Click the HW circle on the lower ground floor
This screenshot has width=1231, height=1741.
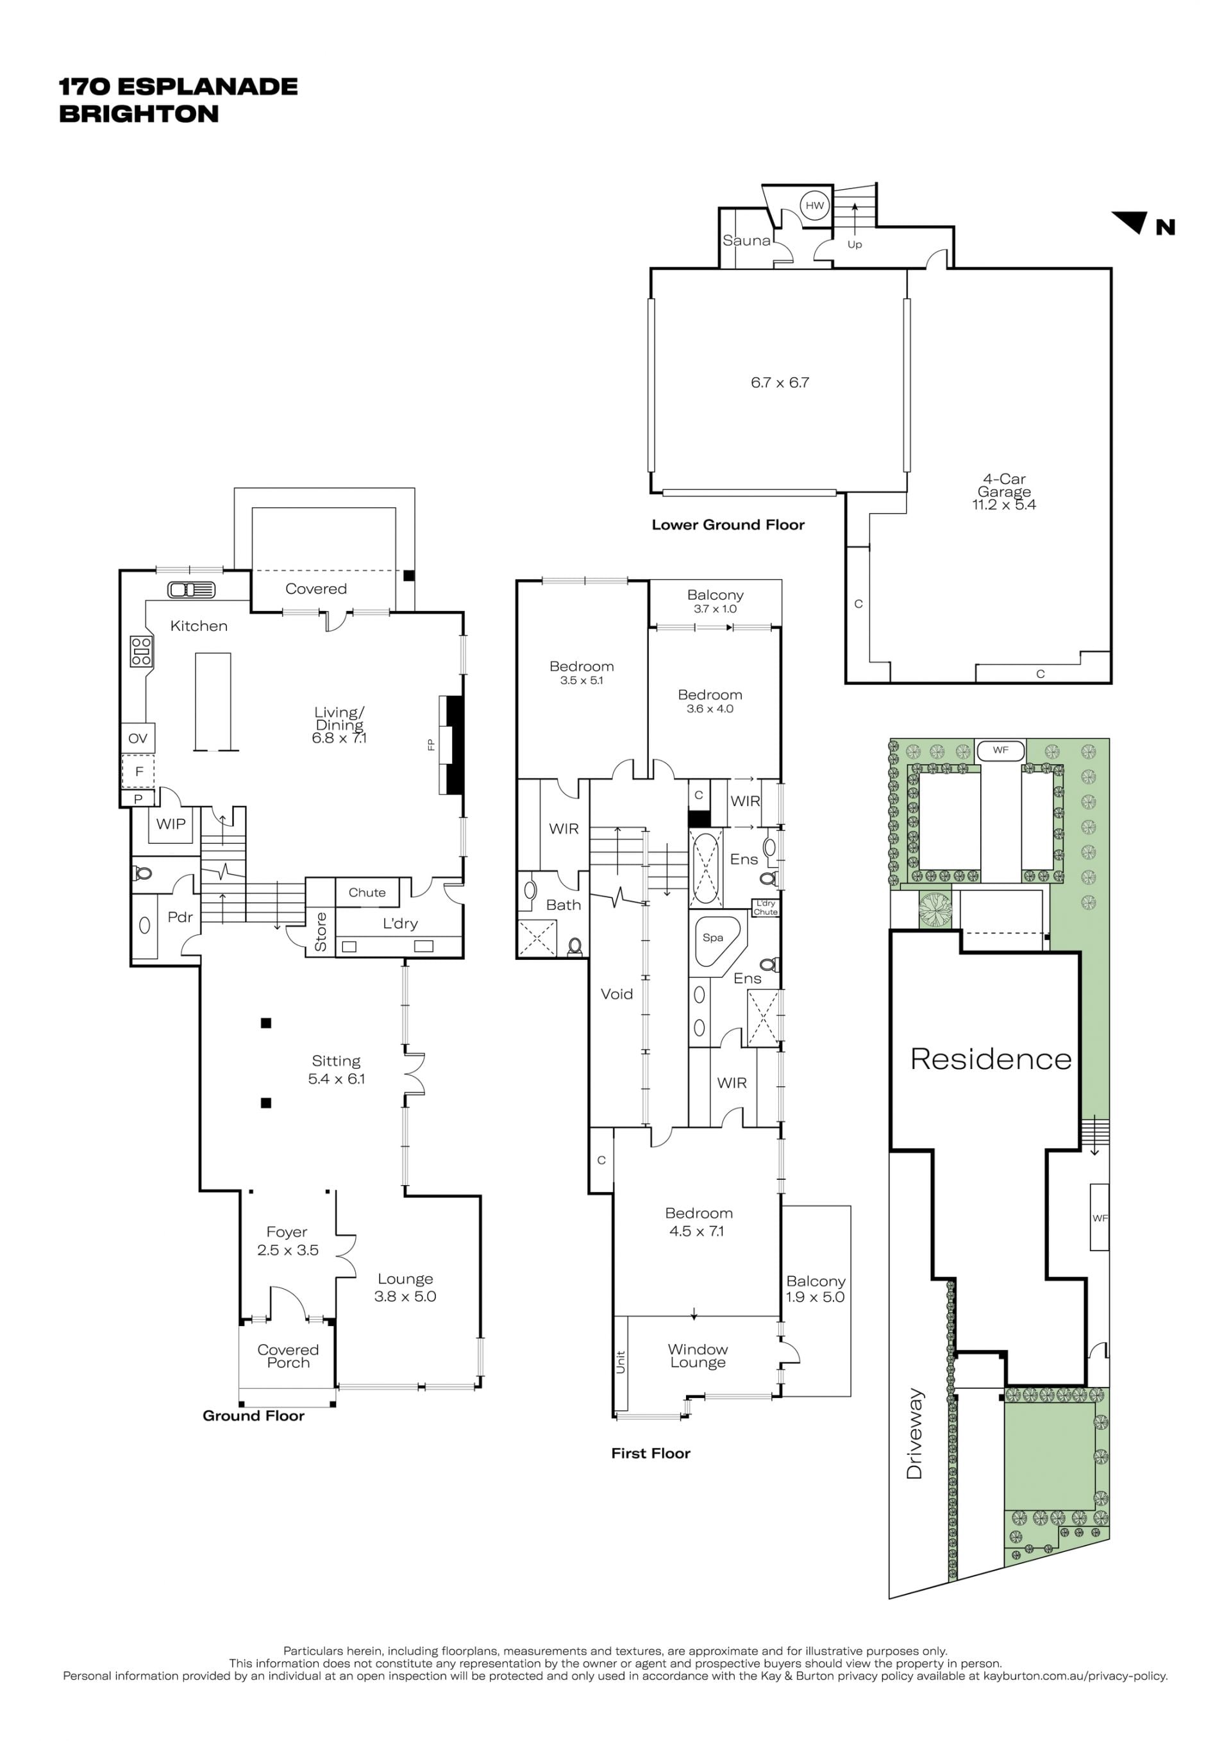coord(814,205)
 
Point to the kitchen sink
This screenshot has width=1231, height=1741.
coord(191,589)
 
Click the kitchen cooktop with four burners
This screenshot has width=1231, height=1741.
coord(142,652)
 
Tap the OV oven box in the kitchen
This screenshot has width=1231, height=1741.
coord(137,738)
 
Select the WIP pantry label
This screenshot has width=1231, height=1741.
coord(171,823)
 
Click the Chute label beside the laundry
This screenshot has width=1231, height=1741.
coord(367,893)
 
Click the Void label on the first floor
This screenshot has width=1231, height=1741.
coord(616,994)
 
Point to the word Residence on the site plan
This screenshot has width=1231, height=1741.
coord(991,1059)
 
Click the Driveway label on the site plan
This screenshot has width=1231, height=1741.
coord(915,1434)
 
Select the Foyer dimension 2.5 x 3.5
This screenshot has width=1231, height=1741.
coord(287,1250)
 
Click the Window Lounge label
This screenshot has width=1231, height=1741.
coord(698,1356)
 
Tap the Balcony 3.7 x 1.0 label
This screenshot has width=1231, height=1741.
coord(715,601)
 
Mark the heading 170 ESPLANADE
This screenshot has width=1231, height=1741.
coord(178,87)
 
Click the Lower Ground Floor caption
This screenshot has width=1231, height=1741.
coord(728,525)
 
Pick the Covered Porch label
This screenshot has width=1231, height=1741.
coord(288,1356)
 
